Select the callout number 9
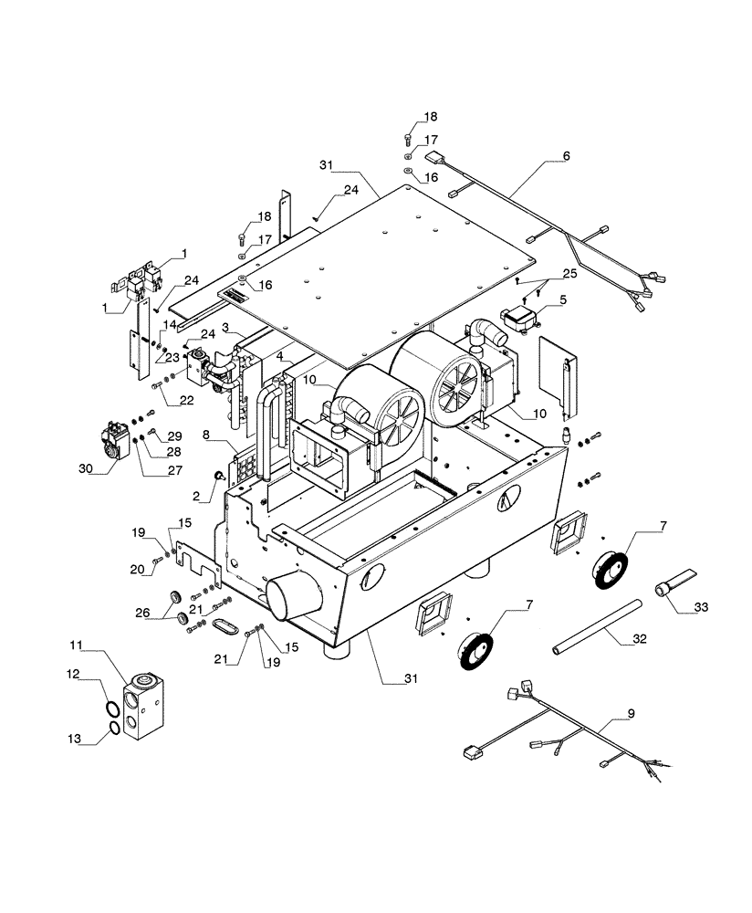[631, 711]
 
